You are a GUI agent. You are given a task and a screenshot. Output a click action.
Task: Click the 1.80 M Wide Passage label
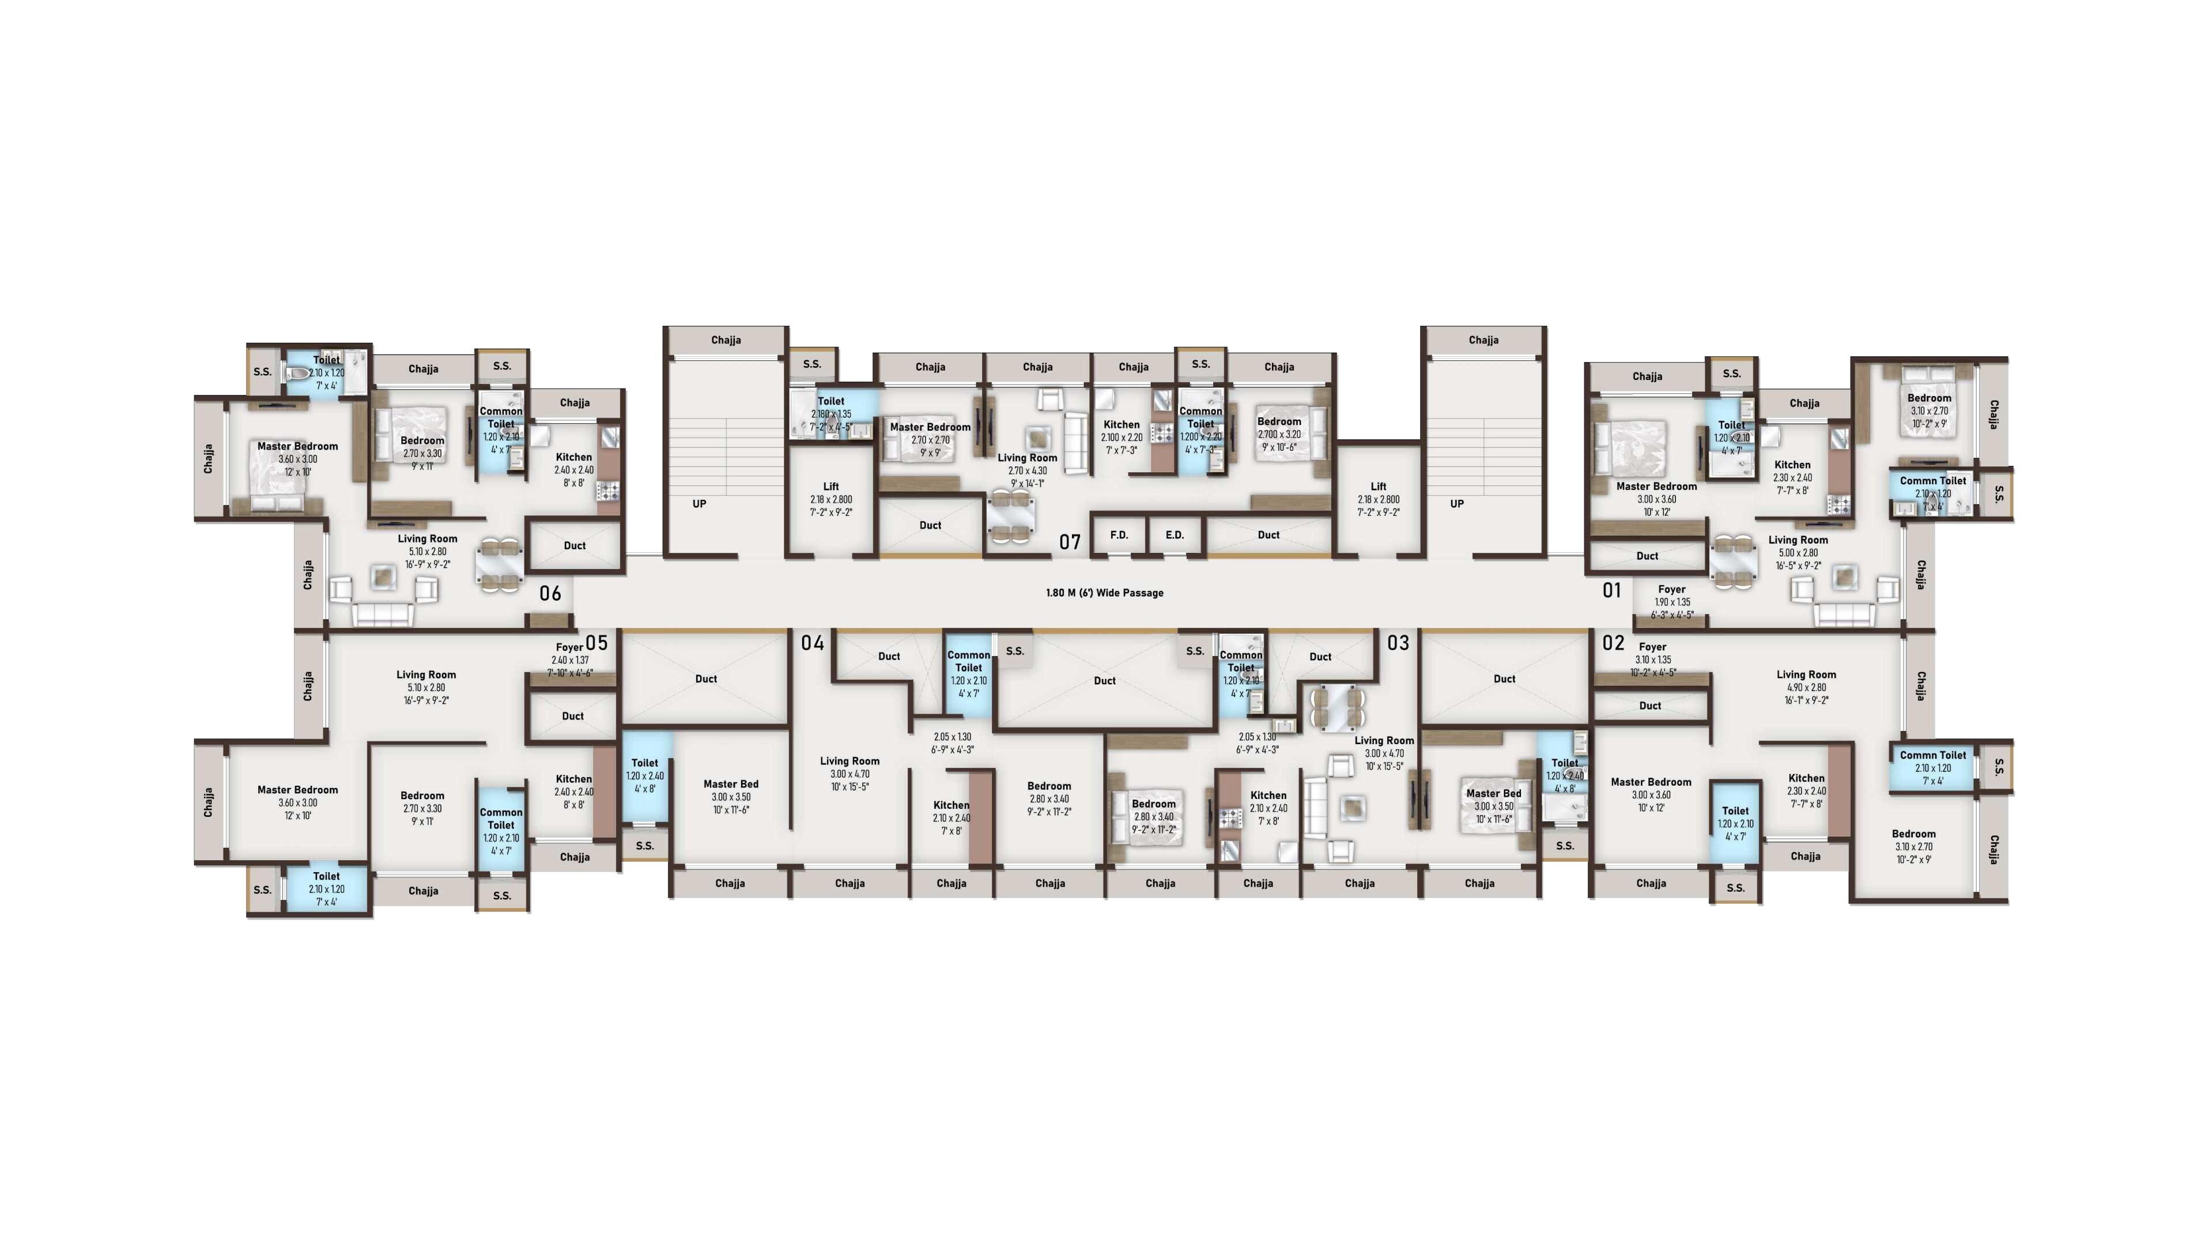tap(1104, 593)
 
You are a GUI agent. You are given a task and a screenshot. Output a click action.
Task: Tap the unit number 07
tap(1069, 542)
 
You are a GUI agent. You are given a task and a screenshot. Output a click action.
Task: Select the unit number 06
tap(550, 594)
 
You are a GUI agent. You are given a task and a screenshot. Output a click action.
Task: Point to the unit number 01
tap(1612, 590)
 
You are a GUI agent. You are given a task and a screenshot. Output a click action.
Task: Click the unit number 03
tap(1398, 643)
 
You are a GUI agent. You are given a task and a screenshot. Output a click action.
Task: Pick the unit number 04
tap(812, 643)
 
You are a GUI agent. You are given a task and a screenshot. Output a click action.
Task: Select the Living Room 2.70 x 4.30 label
tap(1028, 470)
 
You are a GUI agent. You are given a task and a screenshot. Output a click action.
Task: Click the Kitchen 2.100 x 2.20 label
tap(1122, 437)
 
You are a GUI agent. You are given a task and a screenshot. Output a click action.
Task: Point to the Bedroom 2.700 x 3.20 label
tap(1279, 433)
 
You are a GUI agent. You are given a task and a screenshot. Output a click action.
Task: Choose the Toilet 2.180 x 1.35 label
tap(831, 413)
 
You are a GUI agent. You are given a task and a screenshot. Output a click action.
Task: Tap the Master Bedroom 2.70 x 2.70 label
tap(930, 439)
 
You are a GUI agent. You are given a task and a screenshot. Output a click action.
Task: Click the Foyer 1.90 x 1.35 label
tap(1671, 601)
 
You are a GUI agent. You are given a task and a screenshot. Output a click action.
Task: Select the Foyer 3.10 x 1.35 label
tap(1652, 659)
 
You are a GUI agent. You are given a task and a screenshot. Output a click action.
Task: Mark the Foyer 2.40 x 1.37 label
tap(569, 659)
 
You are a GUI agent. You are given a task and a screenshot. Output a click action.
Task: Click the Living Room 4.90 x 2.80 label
tap(1806, 687)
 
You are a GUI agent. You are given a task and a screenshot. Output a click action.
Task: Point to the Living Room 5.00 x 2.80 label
tap(1798, 552)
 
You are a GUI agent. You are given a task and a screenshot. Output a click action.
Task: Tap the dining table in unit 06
tap(499, 564)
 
